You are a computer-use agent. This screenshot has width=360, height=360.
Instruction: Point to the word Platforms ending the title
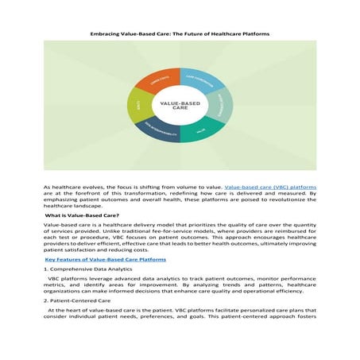tap(254, 33)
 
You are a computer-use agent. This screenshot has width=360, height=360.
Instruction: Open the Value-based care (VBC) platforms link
tap(269, 185)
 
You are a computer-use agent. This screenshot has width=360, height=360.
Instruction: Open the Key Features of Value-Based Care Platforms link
tap(105, 259)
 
